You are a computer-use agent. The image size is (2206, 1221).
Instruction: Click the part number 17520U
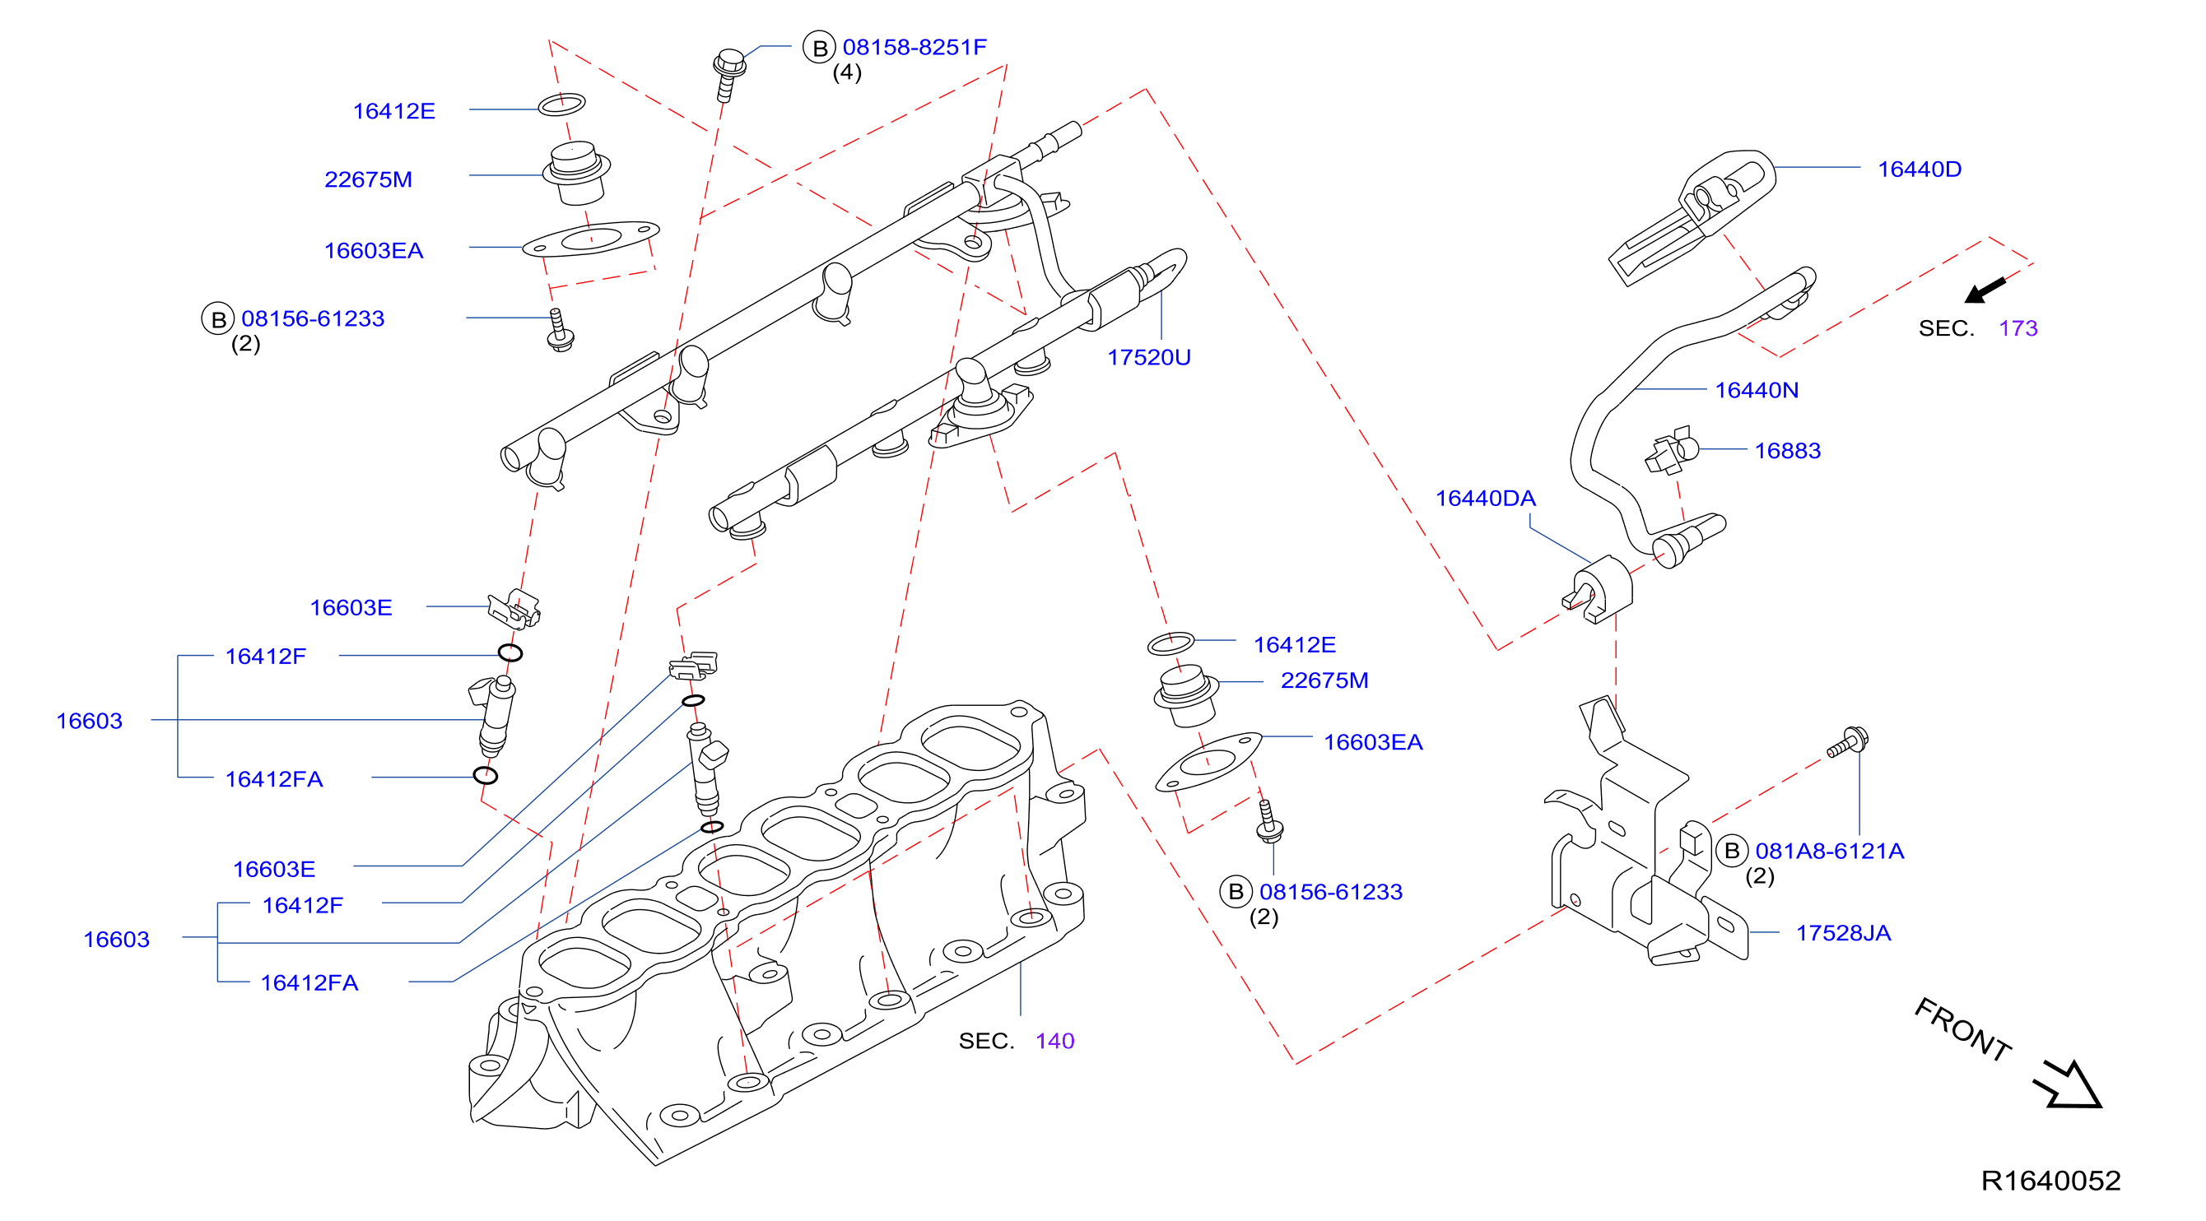pyautogui.click(x=1148, y=357)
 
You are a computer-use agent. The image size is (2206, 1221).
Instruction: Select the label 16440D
pyautogui.click(x=1919, y=169)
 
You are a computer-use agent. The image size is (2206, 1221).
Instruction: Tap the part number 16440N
pyautogui.click(x=1757, y=391)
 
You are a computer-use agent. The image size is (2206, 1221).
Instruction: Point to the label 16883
pyautogui.click(x=1787, y=451)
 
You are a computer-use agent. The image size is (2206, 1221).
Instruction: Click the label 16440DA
pyautogui.click(x=1485, y=499)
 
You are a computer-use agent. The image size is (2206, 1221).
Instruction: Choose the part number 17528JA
pyautogui.click(x=1843, y=933)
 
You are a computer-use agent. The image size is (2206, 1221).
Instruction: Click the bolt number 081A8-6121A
pyautogui.click(x=1829, y=851)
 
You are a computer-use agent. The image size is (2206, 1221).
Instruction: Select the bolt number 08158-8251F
pyautogui.click(x=915, y=47)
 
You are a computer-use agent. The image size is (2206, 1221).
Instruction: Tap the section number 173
pyautogui.click(x=2018, y=329)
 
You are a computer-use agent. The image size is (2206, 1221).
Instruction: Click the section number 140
pyautogui.click(x=1054, y=1041)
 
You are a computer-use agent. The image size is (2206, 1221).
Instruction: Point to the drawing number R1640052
pyautogui.click(x=2050, y=1182)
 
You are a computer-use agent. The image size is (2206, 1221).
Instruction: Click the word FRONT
pyautogui.click(x=1963, y=1030)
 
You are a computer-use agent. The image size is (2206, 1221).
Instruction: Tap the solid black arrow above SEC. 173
pyautogui.click(x=1985, y=290)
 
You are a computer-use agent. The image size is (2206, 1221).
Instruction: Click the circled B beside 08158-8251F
pyautogui.click(x=820, y=48)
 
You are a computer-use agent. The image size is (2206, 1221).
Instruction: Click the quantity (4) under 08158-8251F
pyautogui.click(x=847, y=72)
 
